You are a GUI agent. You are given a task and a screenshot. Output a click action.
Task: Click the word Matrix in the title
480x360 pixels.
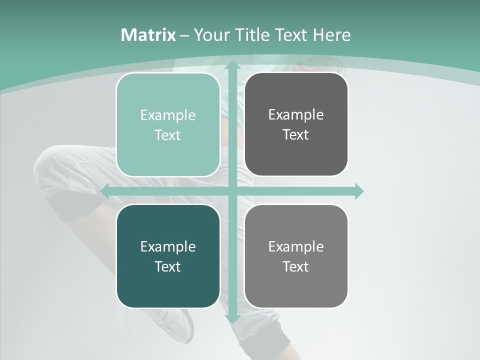[x=148, y=35]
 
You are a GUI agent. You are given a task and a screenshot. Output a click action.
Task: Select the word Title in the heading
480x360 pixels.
[x=255, y=35]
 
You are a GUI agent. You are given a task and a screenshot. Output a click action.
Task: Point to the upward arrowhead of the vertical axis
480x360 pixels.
[x=232, y=65]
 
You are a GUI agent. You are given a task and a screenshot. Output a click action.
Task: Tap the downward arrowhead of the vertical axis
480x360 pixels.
[x=232, y=318]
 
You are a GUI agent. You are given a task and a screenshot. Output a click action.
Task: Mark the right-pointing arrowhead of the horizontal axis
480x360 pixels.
[x=358, y=191]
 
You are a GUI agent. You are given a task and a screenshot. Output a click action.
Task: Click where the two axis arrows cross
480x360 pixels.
[x=232, y=191]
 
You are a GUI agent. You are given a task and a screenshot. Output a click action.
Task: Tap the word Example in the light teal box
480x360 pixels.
[x=168, y=115]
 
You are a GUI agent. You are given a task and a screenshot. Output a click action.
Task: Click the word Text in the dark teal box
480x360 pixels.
[x=168, y=266]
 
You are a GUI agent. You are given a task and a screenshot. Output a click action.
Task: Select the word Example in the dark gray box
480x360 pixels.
[x=296, y=115]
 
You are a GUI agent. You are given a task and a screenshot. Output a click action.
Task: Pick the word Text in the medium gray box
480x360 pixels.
[x=296, y=266]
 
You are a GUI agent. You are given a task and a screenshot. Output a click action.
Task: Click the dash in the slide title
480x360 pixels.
[x=184, y=35]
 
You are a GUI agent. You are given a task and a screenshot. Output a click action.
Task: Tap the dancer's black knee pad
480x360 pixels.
[x=70, y=210]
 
